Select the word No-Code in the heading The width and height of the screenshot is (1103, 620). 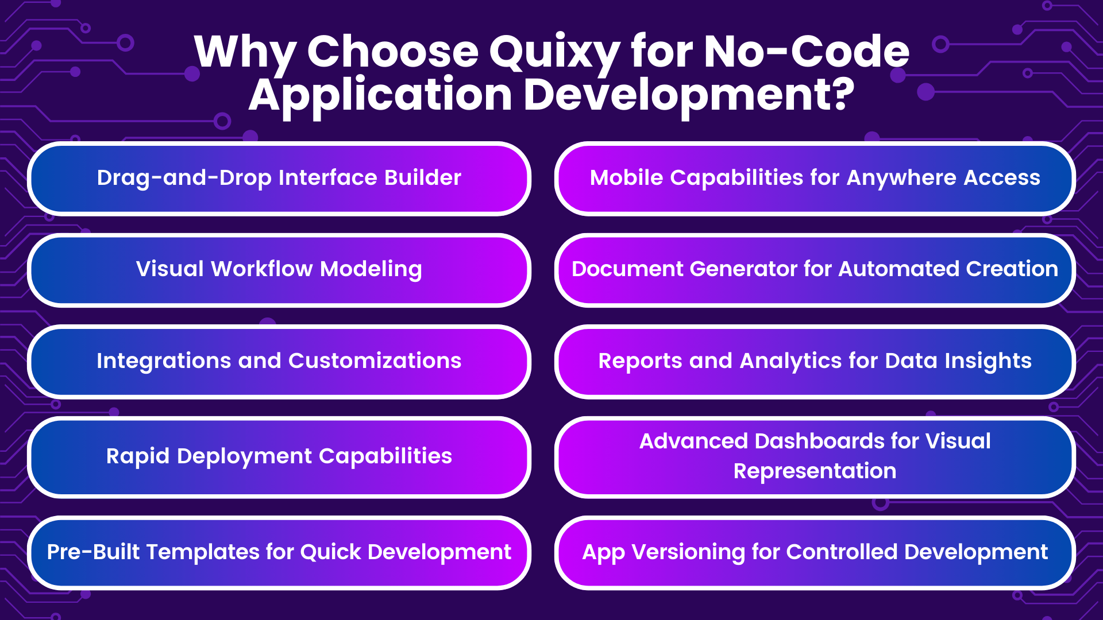[x=807, y=52]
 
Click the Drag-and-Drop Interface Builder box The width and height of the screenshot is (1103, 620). [x=279, y=179]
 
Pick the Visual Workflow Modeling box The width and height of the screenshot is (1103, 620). [x=279, y=270]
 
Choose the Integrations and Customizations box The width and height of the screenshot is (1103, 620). [x=279, y=361]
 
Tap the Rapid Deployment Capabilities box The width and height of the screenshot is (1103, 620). [x=279, y=456]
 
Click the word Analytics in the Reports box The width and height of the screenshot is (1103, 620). [x=790, y=361]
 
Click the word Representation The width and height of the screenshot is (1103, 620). [x=815, y=471]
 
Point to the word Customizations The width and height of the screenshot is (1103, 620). [x=375, y=361]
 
